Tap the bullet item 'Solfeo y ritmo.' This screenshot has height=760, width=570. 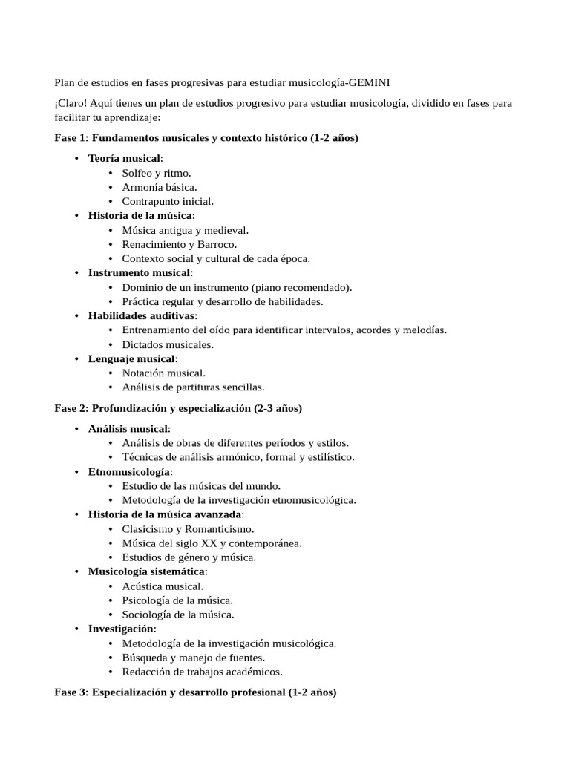point(157,173)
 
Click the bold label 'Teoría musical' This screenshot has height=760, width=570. point(124,158)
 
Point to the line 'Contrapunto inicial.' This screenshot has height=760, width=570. point(168,201)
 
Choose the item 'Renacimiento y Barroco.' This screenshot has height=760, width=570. point(180,244)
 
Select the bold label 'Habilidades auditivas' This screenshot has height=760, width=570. point(142,315)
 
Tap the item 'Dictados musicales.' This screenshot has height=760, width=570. point(168,344)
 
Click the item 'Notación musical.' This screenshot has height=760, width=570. point(164,373)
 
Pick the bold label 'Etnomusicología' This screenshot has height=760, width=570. point(130,471)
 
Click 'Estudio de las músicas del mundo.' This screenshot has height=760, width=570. point(201,485)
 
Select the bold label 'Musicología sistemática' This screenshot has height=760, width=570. point(147,571)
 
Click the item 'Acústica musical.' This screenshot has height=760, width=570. point(163,586)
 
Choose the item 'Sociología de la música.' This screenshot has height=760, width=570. point(178,614)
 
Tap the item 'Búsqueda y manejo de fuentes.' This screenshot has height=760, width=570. point(194,657)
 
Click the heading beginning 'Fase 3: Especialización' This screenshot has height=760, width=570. point(195,692)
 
